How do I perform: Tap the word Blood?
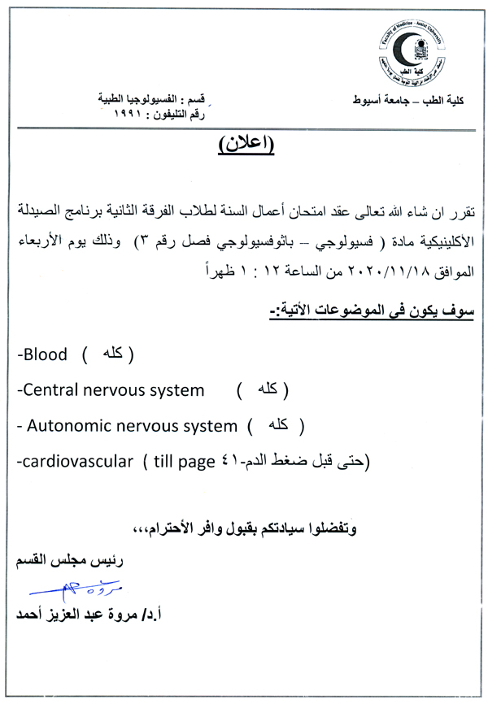pos(46,354)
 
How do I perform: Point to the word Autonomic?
pos(70,425)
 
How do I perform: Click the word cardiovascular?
pos(76,461)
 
